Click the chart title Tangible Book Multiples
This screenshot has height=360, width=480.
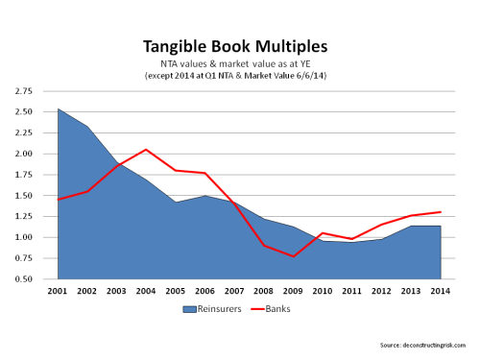pyautogui.click(x=240, y=46)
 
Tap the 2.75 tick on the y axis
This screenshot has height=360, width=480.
pyautogui.click(x=22, y=91)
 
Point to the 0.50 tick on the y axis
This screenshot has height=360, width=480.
pyautogui.click(x=22, y=279)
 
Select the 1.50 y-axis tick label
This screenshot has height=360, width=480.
pyautogui.click(x=22, y=196)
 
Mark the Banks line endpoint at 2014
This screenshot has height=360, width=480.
pyautogui.click(x=441, y=212)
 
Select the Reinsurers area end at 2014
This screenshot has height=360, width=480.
pyautogui.click(x=441, y=226)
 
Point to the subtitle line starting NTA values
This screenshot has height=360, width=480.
pyautogui.click(x=240, y=63)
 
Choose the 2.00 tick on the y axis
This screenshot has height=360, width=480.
pyautogui.click(x=22, y=154)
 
